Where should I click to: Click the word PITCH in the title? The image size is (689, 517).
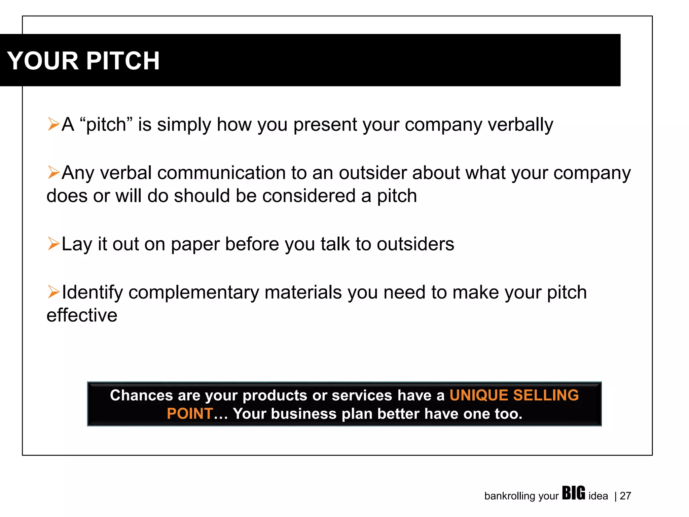pos(123,61)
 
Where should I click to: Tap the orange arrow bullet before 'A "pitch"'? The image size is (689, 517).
pos(53,124)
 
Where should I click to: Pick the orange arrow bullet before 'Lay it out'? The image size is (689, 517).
pos(53,243)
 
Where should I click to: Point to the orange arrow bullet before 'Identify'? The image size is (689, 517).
pos(53,291)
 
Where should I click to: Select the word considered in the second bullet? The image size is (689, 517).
pos(309,196)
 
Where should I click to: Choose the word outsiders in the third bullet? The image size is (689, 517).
pos(415,244)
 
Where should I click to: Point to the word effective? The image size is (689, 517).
pos(82,315)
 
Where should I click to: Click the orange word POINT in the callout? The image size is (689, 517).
pos(190,414)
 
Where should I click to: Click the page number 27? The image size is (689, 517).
pos(625,496)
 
